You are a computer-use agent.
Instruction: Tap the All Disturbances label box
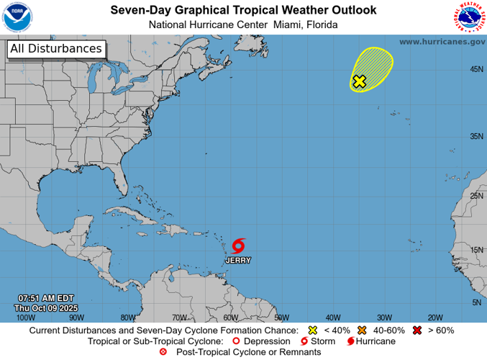(55, 49)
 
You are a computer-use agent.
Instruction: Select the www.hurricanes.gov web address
(442, 42)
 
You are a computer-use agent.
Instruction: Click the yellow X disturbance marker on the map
(360, 81)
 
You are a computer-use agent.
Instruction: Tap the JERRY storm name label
(239, 259)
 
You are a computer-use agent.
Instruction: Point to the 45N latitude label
(476, 69)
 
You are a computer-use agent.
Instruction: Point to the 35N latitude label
(476, 136)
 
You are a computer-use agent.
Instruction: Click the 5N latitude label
(476, 302)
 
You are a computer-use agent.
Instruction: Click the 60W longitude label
(230, 318)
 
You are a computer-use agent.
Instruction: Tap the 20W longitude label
(434, 318)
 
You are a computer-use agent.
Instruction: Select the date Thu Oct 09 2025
(46, 308)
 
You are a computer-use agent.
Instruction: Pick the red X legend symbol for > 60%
(417, 330)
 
